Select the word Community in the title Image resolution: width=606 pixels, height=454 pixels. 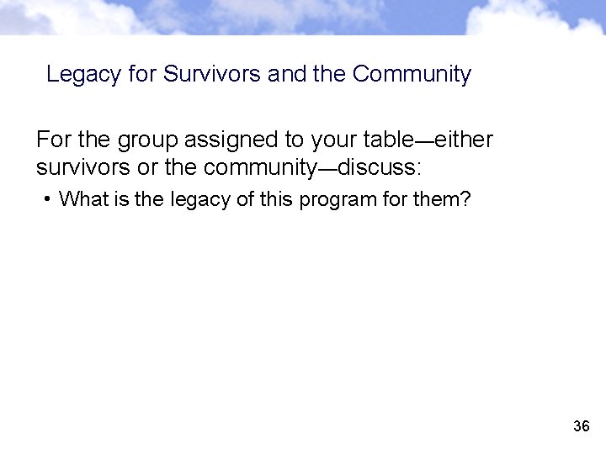coord(412,75)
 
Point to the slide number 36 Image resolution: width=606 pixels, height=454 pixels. coord(581,427)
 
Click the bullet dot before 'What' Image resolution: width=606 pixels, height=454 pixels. coord(50,199)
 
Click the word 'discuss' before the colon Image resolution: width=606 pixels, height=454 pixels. coord(380,166)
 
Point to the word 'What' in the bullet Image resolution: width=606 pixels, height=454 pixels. coord(81,199)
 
